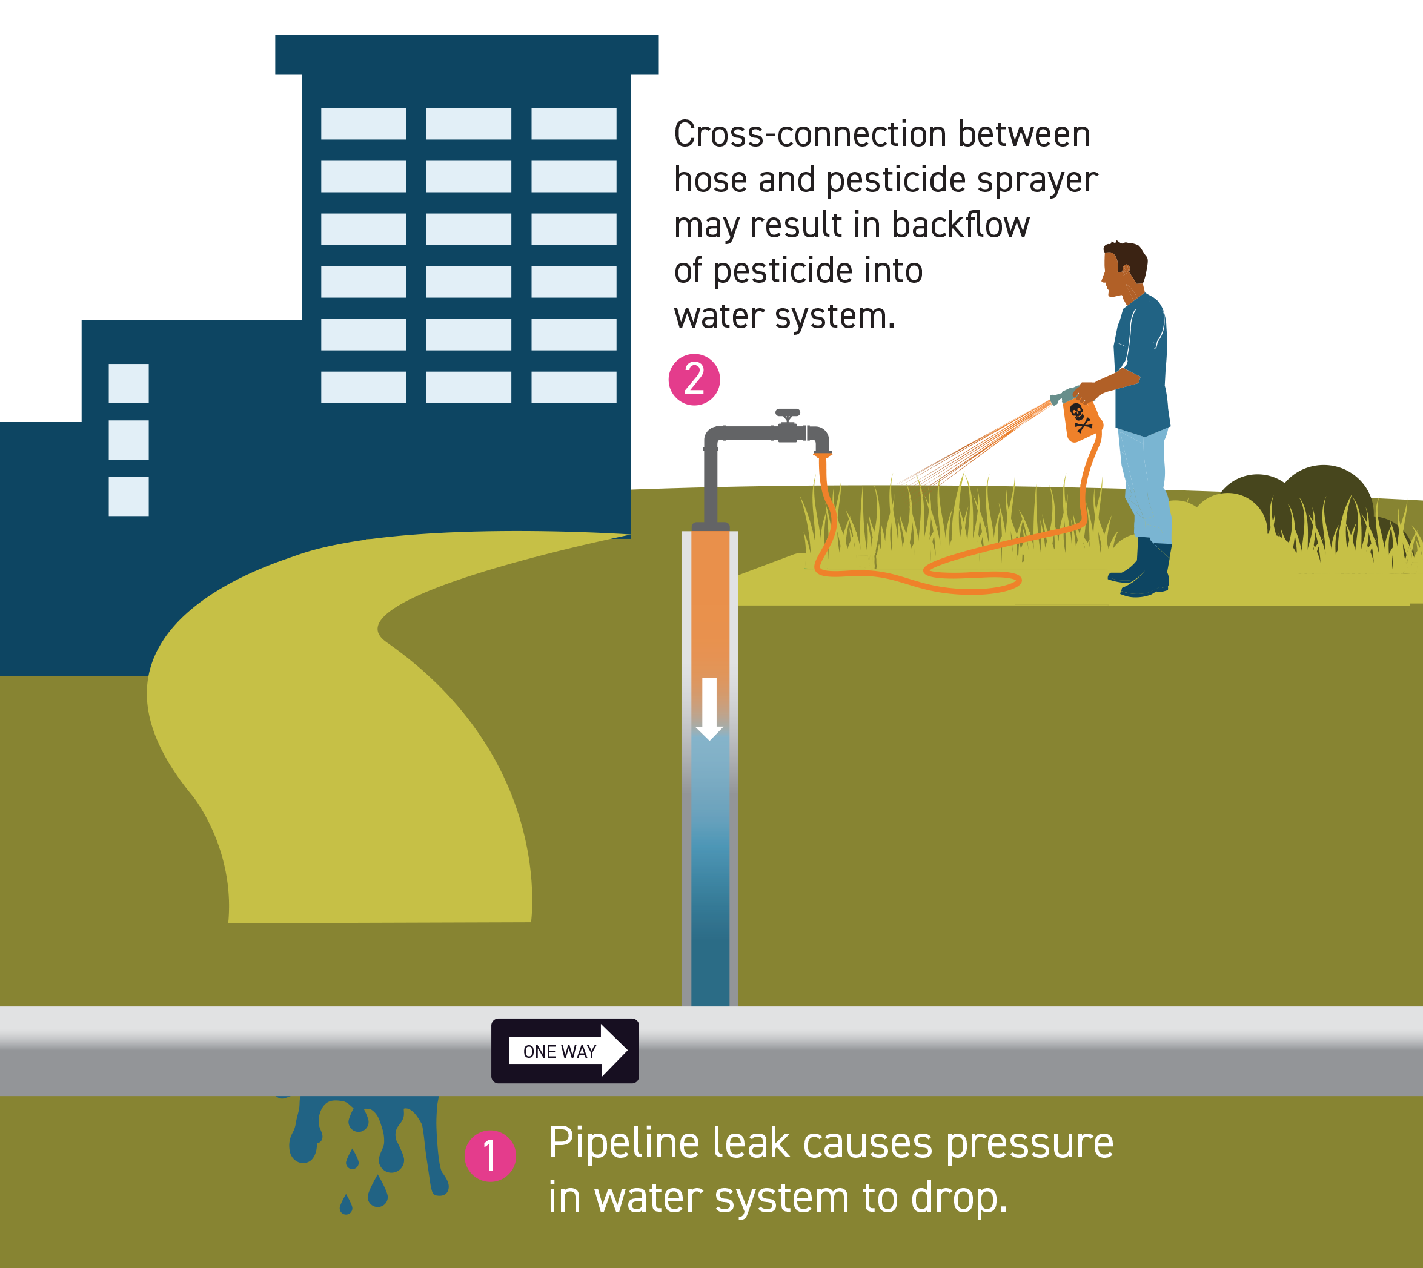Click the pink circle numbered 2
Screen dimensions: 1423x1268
(694, 380)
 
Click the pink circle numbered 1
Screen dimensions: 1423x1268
(490, 1156)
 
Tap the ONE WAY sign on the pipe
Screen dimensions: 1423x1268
(565, 1051)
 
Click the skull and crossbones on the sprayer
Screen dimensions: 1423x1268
(1080, 417)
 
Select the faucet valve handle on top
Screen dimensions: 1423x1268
(788, 413)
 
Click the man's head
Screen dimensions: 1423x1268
(1123, 268)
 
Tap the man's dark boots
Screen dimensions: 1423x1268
(1141, 567)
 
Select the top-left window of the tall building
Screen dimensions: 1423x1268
(363, 124)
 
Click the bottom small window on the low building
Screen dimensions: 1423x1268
(128, 496)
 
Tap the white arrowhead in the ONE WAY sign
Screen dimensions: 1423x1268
(614, 1050)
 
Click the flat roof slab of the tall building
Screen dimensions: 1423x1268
(466, 54)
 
